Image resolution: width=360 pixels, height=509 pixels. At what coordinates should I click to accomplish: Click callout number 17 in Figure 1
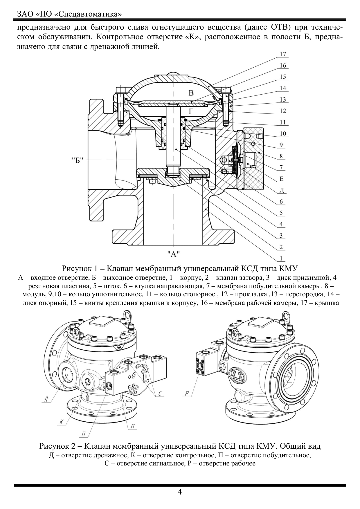coord(283,54)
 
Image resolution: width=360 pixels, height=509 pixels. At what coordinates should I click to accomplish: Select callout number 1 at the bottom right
coord(281,258)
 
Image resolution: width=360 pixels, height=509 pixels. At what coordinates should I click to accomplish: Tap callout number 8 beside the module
coord(281,156)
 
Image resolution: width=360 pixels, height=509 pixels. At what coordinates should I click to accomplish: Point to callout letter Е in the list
coord(281,179)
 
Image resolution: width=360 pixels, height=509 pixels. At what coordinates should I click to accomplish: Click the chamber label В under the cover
coord(191,93)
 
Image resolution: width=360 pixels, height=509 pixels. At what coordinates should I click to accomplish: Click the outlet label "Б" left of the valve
coord(78,160)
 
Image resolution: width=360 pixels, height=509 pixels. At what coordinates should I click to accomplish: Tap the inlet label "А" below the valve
coord(174,254)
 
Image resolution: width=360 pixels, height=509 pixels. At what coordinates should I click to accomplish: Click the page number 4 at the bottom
coord(180,492)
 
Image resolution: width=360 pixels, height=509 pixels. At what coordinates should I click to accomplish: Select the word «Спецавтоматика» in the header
coord(88,14)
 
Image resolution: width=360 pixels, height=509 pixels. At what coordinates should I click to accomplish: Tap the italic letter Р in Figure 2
coord(187,394)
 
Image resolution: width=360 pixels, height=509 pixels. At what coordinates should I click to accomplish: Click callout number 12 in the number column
coord(283,111)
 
